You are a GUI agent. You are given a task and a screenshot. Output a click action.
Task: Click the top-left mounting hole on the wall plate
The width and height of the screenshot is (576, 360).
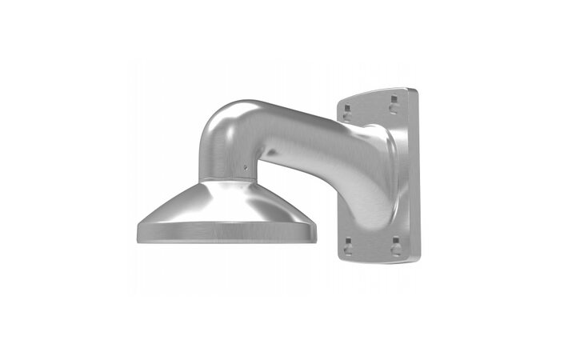[x=347, y=106]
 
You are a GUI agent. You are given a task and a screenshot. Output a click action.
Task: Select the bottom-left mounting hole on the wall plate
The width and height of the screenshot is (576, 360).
[x=348, y=248]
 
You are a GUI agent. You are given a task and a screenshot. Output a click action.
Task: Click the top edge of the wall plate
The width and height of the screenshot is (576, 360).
[x=376, y=91]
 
